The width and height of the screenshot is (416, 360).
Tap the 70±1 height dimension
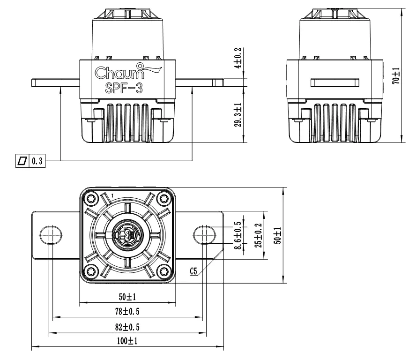396,75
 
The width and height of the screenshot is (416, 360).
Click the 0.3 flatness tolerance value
37,161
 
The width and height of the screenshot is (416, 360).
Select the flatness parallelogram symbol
22,161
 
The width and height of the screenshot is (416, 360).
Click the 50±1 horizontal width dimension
126,297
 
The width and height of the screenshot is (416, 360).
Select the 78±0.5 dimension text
126,311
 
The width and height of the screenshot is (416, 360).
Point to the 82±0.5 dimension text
126,326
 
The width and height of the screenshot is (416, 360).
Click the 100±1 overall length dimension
126,341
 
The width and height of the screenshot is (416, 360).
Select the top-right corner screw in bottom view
163,199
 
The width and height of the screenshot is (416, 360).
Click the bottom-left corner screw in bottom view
90,270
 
